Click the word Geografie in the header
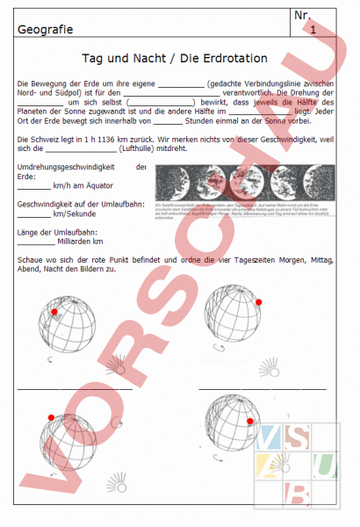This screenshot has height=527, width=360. coord(42,32)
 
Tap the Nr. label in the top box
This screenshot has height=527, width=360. coord(303,15)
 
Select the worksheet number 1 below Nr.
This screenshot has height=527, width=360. coord(313,30)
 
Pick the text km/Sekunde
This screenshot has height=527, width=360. coord(73,213)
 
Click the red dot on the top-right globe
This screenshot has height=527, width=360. coord(259,302)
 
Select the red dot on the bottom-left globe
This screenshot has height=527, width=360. coord(50,417)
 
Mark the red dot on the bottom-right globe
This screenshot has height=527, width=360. coord(250,422)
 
